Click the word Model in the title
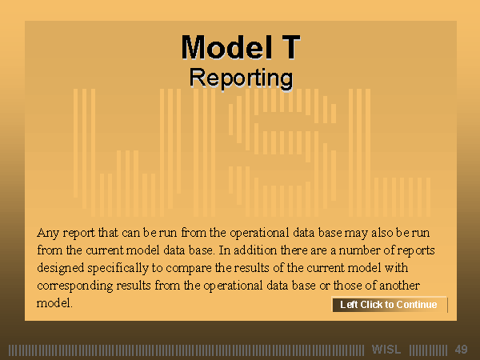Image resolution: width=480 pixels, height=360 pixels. tap(227, 47)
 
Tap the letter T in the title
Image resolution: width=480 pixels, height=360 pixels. tap(288, 47)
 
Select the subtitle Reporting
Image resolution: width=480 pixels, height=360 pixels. tap(241, 78)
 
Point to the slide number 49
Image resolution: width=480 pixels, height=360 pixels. tap(461, 350)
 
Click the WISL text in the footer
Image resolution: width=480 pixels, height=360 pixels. tap(386, 350)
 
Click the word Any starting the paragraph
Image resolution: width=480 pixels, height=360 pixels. tap(48, 234)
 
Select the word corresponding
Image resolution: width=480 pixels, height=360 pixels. tap(75, 286)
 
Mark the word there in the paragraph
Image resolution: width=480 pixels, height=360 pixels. tap(294, 250)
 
